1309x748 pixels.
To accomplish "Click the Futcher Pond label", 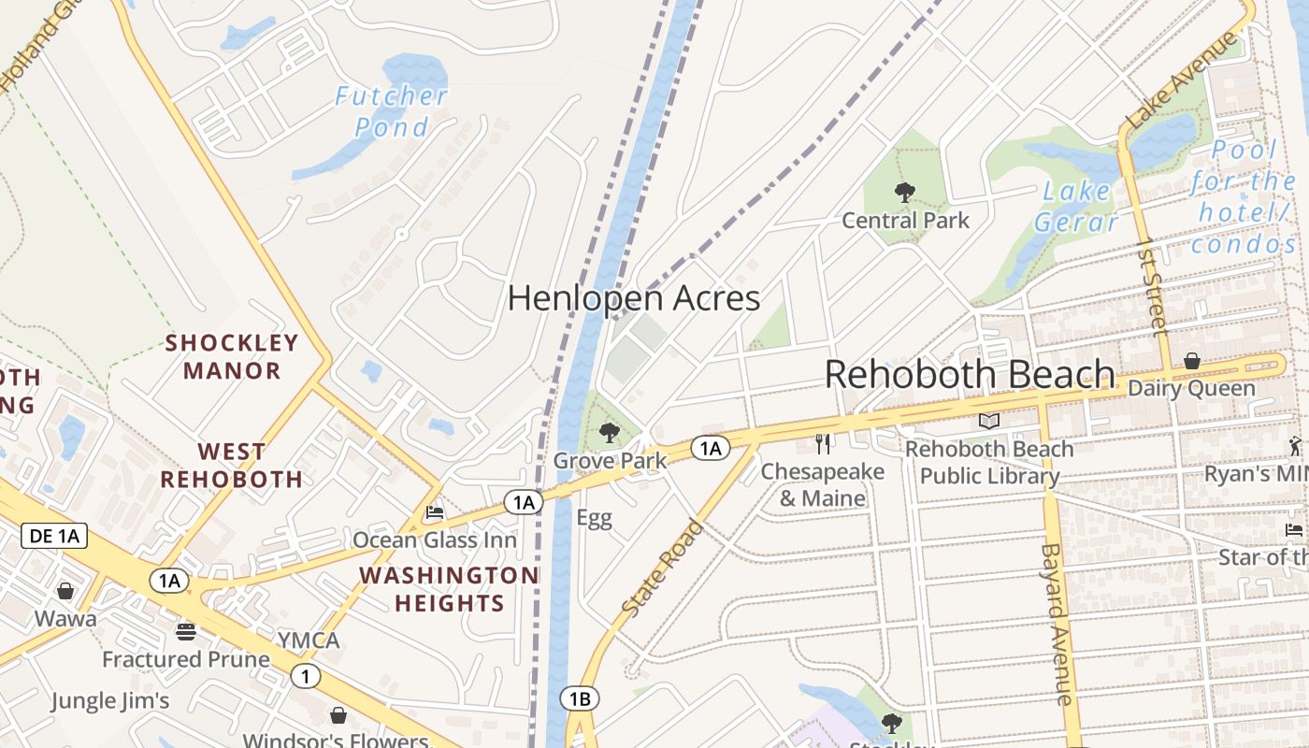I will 392,111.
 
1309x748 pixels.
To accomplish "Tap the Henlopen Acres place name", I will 633,298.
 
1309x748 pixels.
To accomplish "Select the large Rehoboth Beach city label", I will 970,375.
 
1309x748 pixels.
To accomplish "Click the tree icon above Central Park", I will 904,193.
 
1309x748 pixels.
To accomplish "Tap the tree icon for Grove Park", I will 610,432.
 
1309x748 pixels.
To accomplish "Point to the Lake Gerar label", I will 1076,207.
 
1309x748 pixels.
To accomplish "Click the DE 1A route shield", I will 54,536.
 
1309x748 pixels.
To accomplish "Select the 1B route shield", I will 580,698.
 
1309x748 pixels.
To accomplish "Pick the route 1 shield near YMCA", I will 305,676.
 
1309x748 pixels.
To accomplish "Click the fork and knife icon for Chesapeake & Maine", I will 823,443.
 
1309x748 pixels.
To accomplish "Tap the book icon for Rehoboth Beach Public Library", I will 989,422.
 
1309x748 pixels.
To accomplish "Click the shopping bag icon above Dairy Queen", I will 1192,361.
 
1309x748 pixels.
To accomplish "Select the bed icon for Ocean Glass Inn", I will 434,512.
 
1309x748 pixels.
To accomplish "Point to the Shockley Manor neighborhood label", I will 232,356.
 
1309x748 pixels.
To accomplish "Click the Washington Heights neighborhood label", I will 449,589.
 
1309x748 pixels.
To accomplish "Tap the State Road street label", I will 662,568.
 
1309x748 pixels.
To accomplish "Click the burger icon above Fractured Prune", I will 186,632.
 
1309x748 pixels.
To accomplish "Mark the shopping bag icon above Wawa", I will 65,591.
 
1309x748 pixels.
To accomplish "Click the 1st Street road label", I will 1152,286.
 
